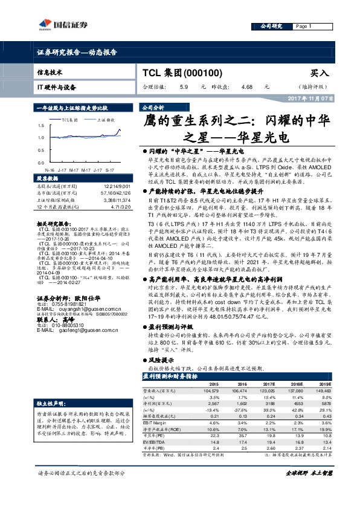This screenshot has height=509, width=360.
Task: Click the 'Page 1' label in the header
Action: tap(303, 27)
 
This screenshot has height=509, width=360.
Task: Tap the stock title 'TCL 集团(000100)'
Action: tap(182, 73)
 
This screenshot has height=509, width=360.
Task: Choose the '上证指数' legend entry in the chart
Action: tap(106, 120)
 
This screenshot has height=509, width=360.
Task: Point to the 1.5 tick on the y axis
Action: tap(40, 126)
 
